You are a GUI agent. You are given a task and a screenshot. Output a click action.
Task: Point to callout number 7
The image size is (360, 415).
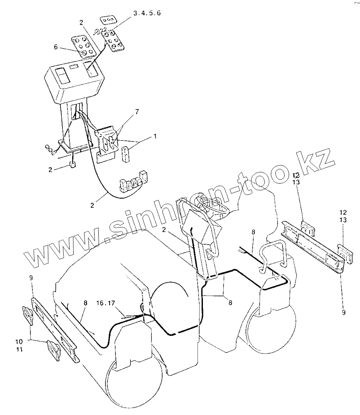137,112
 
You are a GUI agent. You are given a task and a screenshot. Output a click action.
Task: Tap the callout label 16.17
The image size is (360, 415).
106,303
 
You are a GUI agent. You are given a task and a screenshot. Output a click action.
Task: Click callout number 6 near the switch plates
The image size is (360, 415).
56,47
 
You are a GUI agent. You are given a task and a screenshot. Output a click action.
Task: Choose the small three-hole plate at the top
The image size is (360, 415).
108,20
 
